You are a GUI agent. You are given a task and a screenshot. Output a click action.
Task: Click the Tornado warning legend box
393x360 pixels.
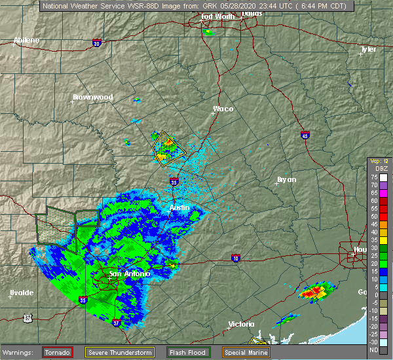58,352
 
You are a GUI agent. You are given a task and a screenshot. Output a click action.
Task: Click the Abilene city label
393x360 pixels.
26,40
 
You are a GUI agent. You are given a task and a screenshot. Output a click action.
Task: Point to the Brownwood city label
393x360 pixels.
92,97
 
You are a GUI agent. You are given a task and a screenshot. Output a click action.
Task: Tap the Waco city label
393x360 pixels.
223,109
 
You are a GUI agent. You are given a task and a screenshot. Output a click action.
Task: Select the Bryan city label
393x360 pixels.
286,179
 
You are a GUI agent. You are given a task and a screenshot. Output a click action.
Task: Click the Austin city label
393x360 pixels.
179,207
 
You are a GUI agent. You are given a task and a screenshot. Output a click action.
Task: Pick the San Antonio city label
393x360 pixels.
129,274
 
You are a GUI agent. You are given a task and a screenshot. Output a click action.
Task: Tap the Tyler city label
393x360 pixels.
369,49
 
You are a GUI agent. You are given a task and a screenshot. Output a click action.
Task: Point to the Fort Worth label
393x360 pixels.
217,16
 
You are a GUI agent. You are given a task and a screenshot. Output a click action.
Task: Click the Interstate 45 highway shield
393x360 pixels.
305,135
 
